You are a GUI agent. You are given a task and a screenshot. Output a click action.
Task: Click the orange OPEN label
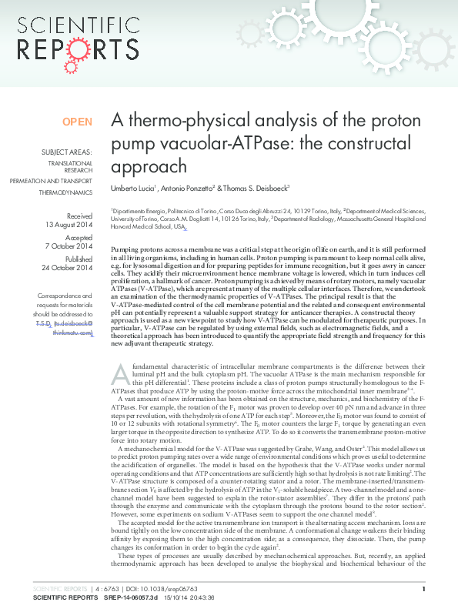(77, 122)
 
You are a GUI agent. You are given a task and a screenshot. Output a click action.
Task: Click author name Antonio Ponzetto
(188, 187)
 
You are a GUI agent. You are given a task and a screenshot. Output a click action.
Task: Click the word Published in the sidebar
(79, 259)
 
